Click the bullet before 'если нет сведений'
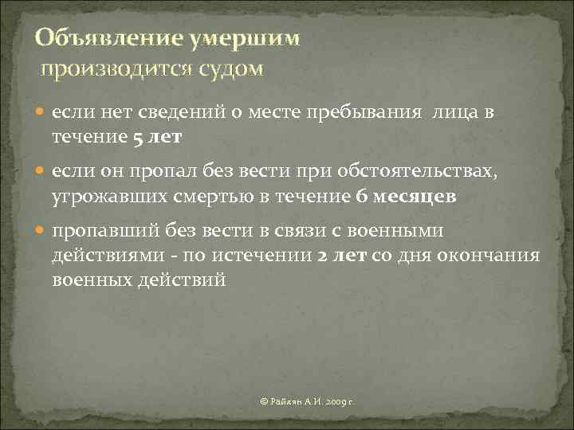(41, 114)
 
